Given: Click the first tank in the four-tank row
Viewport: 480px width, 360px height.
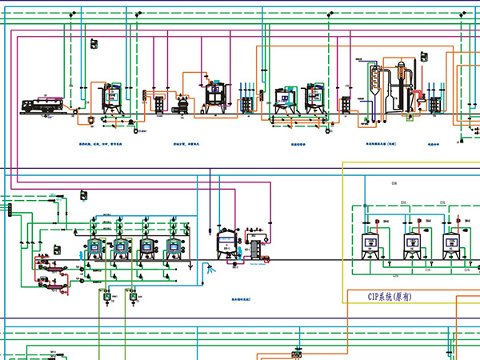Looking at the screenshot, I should tap(94, 249).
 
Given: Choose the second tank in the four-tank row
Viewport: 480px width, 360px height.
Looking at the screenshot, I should tap(121, 249).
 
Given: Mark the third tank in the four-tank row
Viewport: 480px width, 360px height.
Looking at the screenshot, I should tap(147, 249).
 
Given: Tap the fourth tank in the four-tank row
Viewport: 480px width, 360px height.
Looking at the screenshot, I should tap(173, 249).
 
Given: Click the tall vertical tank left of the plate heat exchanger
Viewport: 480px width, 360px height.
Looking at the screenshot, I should tap(225, 243).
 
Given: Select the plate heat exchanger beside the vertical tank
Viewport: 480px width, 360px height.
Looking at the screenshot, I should tap(256, 248).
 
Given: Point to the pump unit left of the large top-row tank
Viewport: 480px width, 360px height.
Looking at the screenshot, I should tap(182, 103).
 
